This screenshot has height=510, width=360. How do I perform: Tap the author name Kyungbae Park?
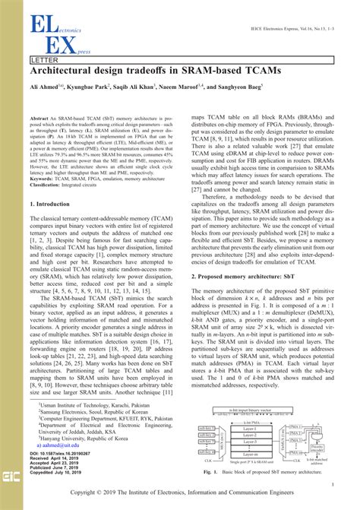(x=90, y=87)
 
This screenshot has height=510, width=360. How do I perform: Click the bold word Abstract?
(x=40, y=120)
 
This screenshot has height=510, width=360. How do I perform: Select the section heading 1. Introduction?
(x=55, y=204)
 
